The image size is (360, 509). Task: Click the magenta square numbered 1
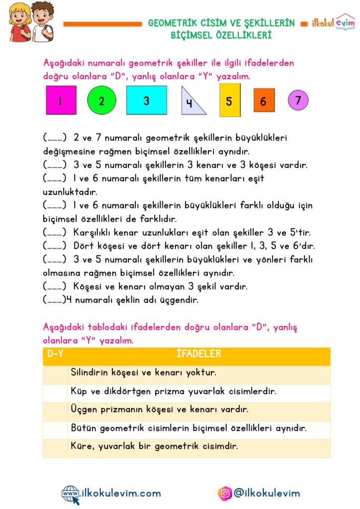tap(61, 100)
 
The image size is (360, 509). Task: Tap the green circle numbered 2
tap(101, 100)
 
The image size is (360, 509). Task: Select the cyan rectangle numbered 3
tap(146, 100)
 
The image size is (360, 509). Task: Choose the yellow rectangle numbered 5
tap(229, 100)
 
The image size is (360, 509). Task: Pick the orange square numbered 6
tap(264, 100)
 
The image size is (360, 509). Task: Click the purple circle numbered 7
tap(298, 100)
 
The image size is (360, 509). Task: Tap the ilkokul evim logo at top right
tap(333, 23)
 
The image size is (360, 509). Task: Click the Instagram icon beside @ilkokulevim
tap(225, 493)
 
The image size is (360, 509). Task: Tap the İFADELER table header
tap(198, 354)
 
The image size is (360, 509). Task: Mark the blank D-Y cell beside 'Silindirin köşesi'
tap(55, 373)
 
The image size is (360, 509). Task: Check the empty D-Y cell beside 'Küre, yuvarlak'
tap(55, 447)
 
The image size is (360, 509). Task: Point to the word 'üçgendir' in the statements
tap(180, 300)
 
